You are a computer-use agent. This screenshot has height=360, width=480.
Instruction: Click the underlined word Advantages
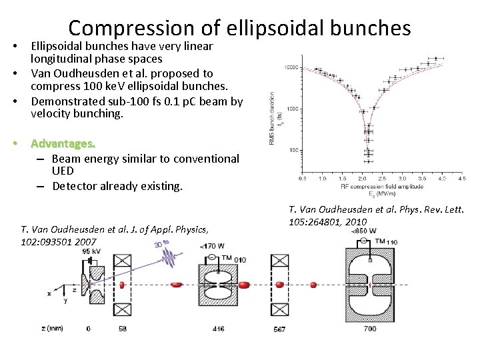[63, 143]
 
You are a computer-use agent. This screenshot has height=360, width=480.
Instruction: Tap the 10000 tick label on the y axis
[291, 67]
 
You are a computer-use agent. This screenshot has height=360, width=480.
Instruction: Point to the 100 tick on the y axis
[294, 151]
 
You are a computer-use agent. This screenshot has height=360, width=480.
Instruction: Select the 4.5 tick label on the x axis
[462, 179]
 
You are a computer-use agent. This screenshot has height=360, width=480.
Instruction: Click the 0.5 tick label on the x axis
[303, 179]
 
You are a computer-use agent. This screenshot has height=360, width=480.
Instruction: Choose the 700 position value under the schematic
[370, 329]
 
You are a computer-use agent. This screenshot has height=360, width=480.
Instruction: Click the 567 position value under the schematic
[280, 329]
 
